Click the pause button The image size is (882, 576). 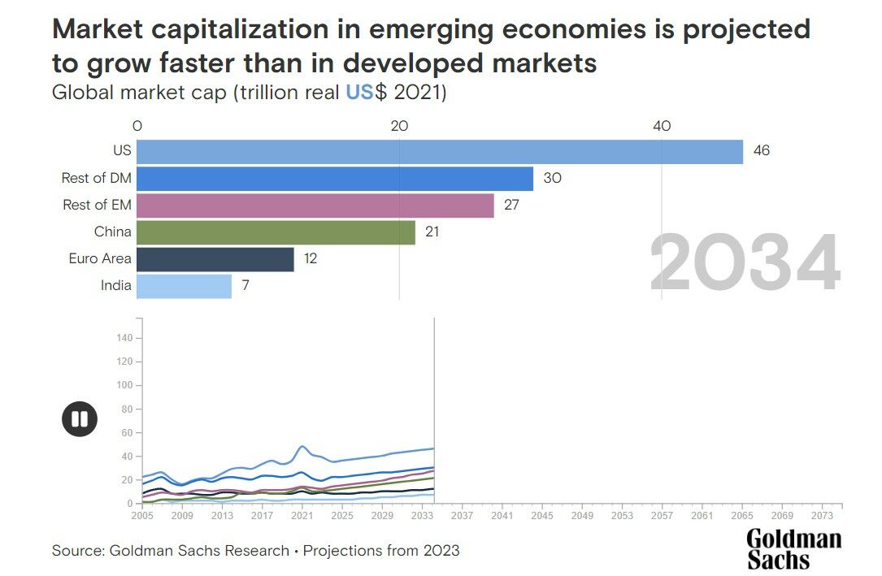tap(80, 419)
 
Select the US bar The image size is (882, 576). tap(439, 152)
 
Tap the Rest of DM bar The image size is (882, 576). tap(334, 179)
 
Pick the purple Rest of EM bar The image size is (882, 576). tap(315, 206)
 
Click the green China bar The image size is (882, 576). tap(276, 232)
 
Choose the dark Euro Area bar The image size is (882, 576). tap(215, 259)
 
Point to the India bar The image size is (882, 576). tap(184, 286)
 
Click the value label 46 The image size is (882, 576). tap(761, 151)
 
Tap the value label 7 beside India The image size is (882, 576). tap(246, 286)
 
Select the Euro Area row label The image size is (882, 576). tap(100, 259)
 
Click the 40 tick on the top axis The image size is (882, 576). tap(662, 126)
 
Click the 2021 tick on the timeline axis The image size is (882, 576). tap(302, 515)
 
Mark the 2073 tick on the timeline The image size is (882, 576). tap(822, 515)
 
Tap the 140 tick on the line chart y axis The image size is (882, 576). tap(124, 337)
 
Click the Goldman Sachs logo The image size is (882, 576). tap(793, 548)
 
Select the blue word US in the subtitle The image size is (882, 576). tap(359, 92)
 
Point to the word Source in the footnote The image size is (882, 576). tap(76, 551)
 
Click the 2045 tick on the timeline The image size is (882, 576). tap(541, 515)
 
